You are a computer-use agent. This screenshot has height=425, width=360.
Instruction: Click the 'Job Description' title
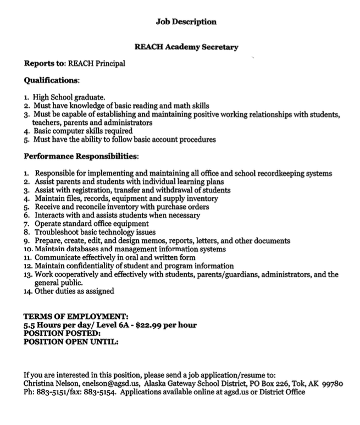[186, 22]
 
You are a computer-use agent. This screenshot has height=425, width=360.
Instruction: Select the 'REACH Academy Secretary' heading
[186, 47]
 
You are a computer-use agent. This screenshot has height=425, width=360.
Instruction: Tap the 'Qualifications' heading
[51, 80]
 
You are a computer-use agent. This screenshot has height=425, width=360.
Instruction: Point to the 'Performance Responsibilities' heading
[81, 157]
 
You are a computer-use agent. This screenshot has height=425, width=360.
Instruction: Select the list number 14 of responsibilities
[27, 291]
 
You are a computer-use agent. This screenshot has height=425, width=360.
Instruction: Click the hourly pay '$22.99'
[148, 325]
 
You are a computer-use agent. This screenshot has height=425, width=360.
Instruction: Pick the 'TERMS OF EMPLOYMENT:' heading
[76, 317]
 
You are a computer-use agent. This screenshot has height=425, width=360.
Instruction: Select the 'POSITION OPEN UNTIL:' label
[71, 341]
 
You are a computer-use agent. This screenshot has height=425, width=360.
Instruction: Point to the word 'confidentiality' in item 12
[87, 266]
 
